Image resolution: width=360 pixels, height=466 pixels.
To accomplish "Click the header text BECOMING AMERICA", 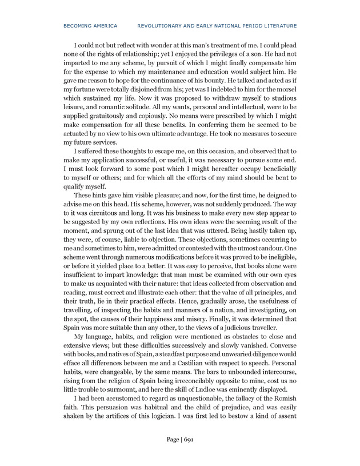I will pyautogui.click(x=90, y=25).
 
